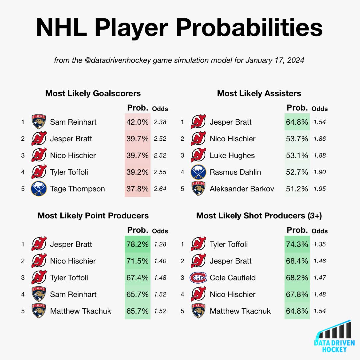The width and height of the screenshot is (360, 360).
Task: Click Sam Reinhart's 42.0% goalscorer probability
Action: point(137,122)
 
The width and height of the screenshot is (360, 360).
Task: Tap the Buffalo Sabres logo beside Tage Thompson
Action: point(39,189)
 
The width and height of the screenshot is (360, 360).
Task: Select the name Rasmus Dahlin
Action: point(235,172)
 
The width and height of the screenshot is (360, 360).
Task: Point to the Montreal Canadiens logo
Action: point(198,278)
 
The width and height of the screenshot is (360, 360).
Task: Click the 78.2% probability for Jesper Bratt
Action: point(137,244)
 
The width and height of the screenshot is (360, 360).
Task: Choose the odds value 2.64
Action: point(160,189)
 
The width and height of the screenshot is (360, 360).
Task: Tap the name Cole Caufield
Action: point(233,278)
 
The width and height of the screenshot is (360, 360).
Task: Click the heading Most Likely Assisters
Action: point(259,93)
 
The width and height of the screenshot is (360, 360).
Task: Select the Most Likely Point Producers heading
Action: point(93,216)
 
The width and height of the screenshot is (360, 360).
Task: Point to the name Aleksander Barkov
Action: point(242,189)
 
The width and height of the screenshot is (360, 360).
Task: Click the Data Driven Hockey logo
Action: point(334,336)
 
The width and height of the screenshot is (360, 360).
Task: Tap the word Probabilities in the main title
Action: point(249,28)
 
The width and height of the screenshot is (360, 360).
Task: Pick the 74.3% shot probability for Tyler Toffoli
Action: point(297,244)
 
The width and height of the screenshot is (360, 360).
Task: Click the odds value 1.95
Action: point(320,189)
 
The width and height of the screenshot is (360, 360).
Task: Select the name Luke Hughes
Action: point(232,155)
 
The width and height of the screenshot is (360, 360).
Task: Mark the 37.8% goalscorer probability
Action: point(137,189)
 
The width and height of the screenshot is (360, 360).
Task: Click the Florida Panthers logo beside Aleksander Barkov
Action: point(198,188)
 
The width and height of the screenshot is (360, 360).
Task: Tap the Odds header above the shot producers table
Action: point(320,231)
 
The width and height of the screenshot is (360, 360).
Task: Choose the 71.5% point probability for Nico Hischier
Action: point(137,261)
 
